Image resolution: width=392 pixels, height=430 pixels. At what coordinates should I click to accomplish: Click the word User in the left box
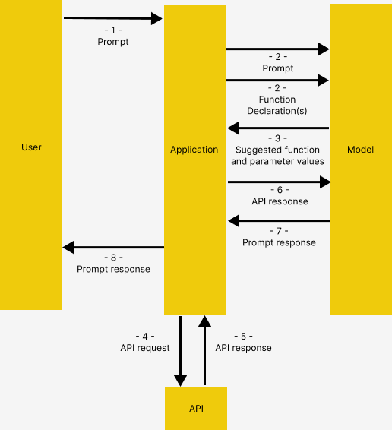coord(31,147)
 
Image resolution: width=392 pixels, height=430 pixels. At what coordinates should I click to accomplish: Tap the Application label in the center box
coord(194,150)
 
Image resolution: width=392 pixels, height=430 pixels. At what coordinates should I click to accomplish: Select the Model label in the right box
coord(360,150)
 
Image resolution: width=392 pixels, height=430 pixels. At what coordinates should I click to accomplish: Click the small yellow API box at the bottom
coord(196,409)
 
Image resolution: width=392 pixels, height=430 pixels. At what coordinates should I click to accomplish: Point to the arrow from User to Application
coord(113,18)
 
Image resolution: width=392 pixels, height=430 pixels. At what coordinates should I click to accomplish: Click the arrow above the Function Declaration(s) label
coord(278,79)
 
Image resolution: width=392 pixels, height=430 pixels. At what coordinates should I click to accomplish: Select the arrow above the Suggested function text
coord(278,128)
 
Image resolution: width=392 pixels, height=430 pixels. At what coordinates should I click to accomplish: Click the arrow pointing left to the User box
coord(113,247)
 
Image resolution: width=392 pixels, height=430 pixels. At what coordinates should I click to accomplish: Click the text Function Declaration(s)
coord(278,105)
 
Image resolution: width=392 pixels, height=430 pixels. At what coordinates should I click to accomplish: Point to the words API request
coord(144,347)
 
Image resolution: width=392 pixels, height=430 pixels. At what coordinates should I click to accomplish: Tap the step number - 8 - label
coord(113,258)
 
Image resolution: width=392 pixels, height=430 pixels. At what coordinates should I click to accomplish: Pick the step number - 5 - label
coord(243,337)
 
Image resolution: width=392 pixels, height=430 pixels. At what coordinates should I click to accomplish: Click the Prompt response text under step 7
coord(279,242)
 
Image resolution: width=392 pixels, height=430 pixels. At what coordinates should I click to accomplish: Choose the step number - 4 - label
coord(144,337)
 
